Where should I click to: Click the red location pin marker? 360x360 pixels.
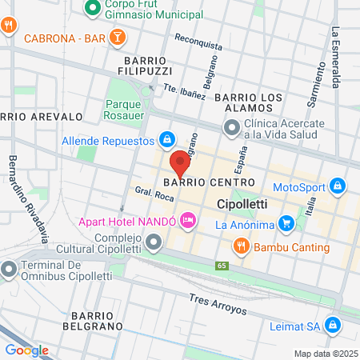click(x=180, y=161)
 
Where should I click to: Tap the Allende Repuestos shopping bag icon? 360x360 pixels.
click(x=166, y=140)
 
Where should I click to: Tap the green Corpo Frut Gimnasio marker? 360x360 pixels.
click(x=92, y=8)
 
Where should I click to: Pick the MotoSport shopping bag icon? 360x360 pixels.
click(x=338, y=187)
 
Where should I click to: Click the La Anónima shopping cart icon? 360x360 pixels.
click(x=204, y=225)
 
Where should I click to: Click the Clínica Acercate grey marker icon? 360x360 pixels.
click(x=232, y=127)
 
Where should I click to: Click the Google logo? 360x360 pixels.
click(x=26, y=350)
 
